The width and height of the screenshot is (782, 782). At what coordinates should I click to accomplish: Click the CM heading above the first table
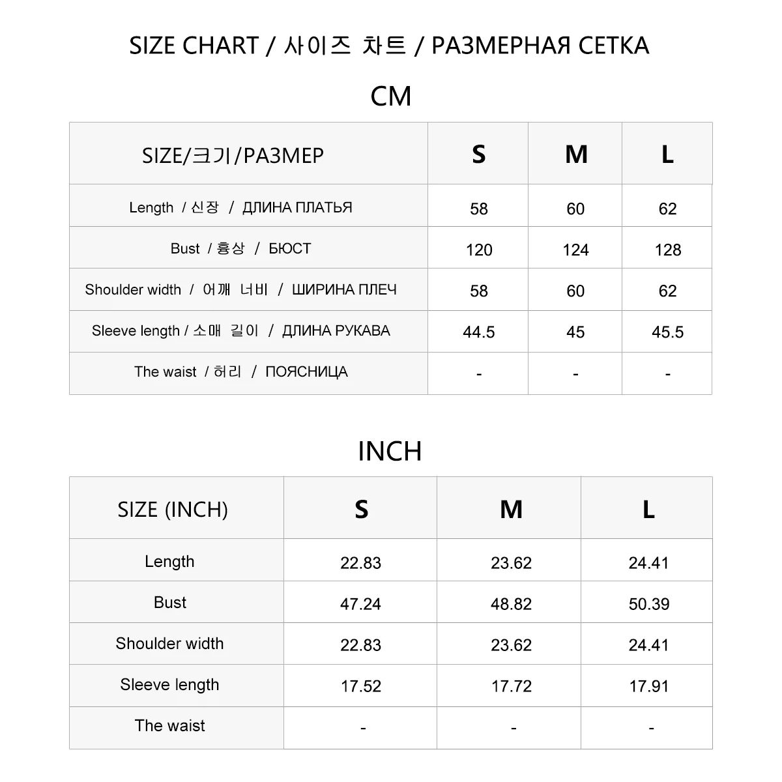[390, 96]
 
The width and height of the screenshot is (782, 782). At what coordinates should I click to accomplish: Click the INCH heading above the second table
[390, 451]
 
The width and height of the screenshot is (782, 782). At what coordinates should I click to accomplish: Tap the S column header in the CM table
[478, 154]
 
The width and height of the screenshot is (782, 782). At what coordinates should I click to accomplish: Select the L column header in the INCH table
[648, 509]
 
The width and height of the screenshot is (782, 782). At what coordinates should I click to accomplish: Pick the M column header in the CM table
[576, 154]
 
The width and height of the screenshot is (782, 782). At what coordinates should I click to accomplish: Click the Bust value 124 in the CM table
[575, 250]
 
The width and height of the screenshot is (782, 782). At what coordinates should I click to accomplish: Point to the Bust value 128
[667, 250]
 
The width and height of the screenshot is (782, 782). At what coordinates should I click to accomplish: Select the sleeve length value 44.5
[478, 332]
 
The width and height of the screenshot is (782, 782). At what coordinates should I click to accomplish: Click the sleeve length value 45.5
[667, 332]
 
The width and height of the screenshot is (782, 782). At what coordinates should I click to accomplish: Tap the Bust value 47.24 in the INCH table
[360, 604]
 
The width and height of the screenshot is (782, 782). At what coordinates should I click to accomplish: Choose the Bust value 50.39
[648, 604]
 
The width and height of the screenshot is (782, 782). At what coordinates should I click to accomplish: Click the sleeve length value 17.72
[511, 686]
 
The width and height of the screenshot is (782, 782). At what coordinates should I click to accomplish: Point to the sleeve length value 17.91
[648, 686]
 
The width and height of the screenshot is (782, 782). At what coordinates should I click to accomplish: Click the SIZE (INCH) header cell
[173, 510]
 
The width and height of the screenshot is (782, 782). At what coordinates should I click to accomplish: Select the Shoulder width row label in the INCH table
[169, 644]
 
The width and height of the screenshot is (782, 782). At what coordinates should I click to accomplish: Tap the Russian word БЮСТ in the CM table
[289, 249]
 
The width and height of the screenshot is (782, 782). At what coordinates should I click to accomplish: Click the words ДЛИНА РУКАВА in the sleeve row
[336, 331]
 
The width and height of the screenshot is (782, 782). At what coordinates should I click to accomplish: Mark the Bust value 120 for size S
[478, 250]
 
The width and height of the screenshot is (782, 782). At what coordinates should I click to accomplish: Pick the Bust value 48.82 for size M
[511, 604]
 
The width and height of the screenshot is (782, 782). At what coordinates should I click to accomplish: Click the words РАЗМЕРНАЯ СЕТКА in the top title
[540, 46]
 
